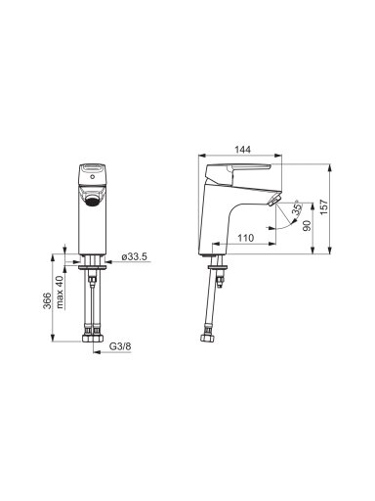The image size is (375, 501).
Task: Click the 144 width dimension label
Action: tap(242, 150)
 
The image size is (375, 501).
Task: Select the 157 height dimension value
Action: tap(324, 207)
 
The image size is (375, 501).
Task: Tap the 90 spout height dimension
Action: tap(307, 225)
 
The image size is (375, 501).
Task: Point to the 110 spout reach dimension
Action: tap(245, 238)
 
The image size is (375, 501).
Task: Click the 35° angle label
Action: tap(297, 208)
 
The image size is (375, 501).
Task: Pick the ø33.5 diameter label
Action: tap(135, 256)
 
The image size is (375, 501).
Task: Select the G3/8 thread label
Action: tap(120, 346)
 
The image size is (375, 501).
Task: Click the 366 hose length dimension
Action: tap(48, 300)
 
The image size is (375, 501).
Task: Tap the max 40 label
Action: tap(60, 292)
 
